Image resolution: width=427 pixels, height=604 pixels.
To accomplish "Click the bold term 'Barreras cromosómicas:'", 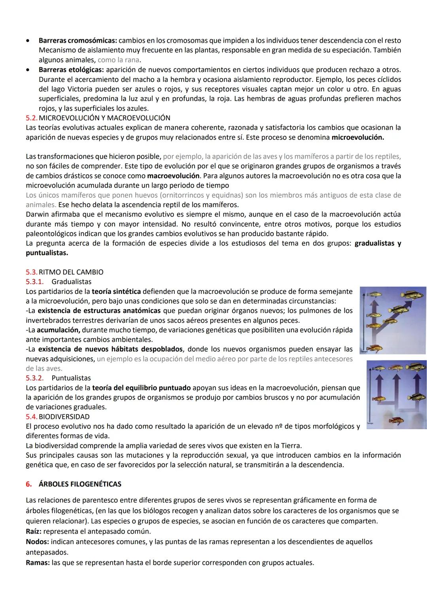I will click(77, 41).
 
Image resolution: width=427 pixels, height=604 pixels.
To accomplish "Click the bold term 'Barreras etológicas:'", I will click(72, 70).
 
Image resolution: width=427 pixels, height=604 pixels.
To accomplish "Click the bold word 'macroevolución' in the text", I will click(173, 176).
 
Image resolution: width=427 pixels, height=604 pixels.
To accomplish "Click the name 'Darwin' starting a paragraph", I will click(37, 214).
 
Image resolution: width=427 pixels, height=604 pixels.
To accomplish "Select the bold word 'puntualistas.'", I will click(47, 252).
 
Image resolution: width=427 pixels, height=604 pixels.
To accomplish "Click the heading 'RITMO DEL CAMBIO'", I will click(71, 272).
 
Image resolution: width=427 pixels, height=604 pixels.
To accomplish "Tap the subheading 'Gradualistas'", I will click(71, 282).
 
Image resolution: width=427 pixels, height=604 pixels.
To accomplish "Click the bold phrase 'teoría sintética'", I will click(116, 292).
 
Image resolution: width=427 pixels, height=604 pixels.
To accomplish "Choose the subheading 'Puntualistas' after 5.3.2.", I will click(71, 378).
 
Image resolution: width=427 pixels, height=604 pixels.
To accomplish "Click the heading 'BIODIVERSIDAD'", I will click(64, 417).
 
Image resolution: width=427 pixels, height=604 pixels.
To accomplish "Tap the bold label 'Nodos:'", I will click(37, 542).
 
